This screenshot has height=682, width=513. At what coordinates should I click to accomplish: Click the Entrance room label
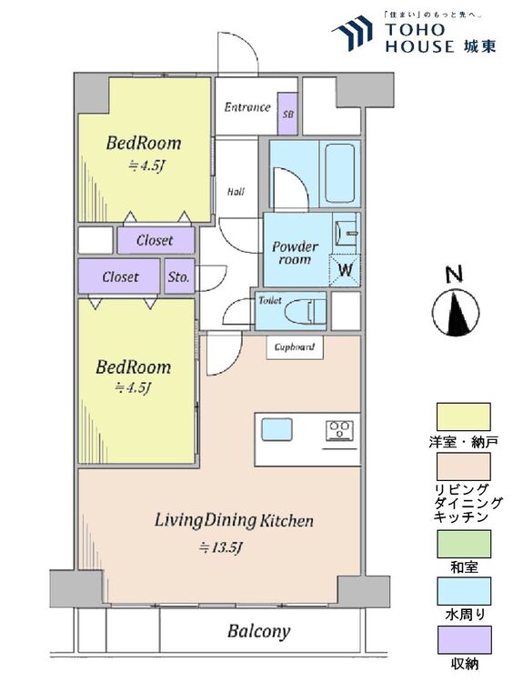pos(247,107)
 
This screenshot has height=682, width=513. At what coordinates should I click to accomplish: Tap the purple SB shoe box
pos(287,114)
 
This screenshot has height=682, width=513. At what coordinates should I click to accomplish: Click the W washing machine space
pos(345,270)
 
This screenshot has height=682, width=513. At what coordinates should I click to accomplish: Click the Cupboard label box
pos(295,347)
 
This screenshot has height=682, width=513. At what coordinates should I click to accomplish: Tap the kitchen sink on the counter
pos(277,429)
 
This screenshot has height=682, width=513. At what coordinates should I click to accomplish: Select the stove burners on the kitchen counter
pos(340,431)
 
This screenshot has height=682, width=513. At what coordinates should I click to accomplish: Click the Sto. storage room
pos(179,276)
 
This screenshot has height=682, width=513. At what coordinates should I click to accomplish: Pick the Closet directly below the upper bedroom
pos(156,240)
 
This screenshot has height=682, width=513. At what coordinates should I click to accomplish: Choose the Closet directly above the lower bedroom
pos(119,276)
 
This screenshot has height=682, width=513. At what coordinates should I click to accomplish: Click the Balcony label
pos(258,631)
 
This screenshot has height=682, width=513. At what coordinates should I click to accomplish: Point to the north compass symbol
pos(456,313)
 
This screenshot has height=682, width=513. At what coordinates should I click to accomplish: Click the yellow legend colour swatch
pos(463,416)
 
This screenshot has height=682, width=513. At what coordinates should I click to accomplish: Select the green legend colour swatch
pos(464,544)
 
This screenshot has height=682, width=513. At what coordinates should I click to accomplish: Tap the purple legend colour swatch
pos(464,640)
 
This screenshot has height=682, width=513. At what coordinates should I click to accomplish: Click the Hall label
pos(236,191)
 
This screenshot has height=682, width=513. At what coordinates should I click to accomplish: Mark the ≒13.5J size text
pos(220,547)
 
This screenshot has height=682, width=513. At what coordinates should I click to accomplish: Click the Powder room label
pos(295,253)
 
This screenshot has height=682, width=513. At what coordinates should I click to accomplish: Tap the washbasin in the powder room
pos(346,232)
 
